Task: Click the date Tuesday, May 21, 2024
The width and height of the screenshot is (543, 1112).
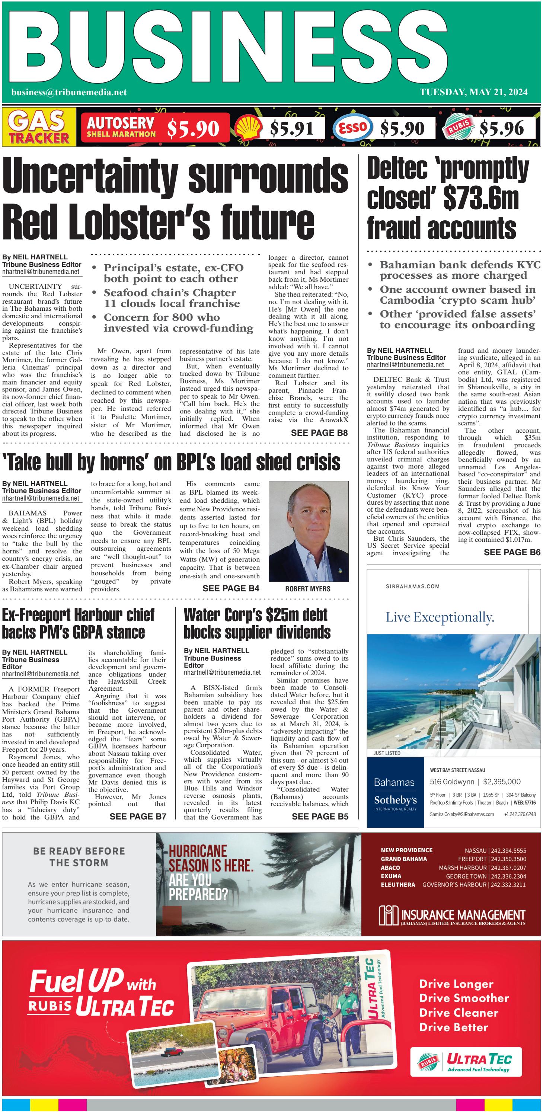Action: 473,92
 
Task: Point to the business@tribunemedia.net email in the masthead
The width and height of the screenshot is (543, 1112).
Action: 69,92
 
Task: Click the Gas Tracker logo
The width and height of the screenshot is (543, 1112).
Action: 39,127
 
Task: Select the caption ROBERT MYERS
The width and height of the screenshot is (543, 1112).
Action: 307,589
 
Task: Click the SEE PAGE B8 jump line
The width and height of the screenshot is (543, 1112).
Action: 319,433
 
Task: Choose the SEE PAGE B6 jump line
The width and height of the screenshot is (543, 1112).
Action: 511,552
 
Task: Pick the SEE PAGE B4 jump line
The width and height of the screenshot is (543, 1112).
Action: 230,588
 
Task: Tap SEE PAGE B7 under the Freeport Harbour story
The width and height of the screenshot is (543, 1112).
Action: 138,816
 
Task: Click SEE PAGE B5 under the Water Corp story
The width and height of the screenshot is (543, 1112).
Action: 319,816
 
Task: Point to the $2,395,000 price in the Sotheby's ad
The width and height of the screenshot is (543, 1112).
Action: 502,781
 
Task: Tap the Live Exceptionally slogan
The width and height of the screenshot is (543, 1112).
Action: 440,618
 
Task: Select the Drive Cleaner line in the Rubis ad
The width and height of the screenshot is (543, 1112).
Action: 459,1013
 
